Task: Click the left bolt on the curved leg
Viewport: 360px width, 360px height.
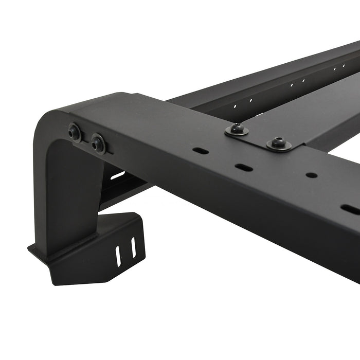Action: coord(75,132)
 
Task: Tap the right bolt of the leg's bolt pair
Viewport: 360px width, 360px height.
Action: coord(98,143)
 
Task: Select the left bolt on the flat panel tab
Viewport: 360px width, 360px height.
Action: coord(237,129)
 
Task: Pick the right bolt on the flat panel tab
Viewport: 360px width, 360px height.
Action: coord(279,142)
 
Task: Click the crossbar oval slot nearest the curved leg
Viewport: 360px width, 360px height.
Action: coord(201,151)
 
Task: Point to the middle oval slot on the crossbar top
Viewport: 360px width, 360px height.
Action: coord(243,167)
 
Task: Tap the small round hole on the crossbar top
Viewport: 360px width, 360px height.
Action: coord(311,175)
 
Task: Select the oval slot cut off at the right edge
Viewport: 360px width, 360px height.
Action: coord(351,209)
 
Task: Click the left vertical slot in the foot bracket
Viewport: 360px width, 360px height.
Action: coord(119,254)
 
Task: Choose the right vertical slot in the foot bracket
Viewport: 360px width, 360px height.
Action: coord(133,248)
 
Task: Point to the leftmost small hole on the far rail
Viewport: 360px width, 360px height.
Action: coord(235,106)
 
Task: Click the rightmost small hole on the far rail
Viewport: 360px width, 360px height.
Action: coord(343,65)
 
